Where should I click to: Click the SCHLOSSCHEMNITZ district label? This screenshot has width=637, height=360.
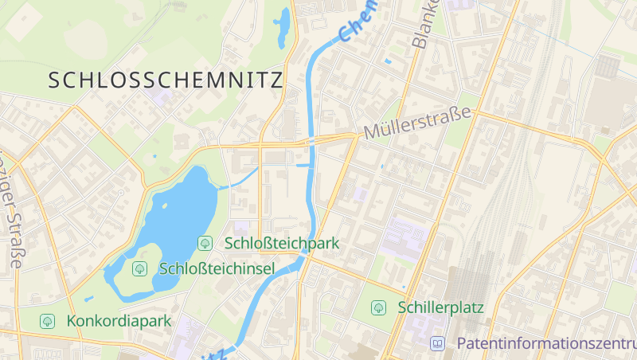[166, 80]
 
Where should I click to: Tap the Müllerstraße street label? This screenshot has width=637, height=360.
[417, 123]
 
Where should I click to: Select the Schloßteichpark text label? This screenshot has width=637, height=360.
[283, 243]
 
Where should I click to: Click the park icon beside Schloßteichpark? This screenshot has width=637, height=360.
[205, 243]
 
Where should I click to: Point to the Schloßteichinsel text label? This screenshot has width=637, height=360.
[217, 268]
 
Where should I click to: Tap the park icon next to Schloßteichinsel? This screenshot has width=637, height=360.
[139, 268]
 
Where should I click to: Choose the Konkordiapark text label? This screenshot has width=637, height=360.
[119, 321]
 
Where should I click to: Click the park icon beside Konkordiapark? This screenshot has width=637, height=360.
[48, 321]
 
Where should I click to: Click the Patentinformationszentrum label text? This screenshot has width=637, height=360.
[546, 343]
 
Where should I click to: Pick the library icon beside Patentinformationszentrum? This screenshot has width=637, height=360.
[437, 343]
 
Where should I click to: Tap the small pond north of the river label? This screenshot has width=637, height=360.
[282, 28]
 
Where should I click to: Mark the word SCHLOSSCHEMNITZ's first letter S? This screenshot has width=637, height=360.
[54, 80]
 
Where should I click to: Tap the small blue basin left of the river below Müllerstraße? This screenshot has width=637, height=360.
[302, 166]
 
